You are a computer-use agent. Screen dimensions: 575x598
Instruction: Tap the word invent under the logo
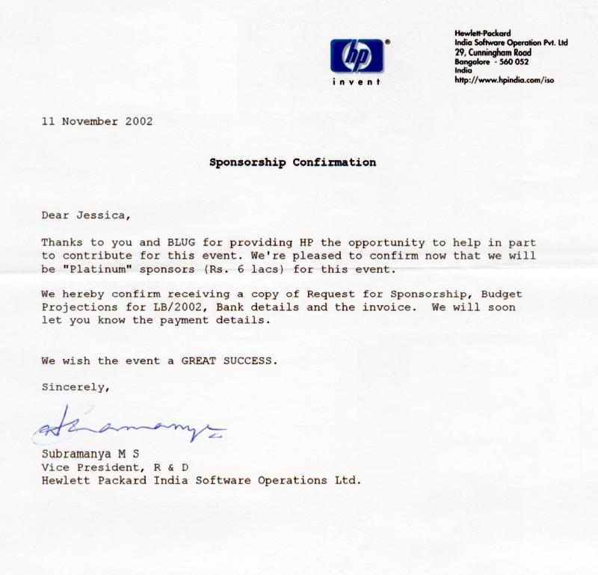coord(356,82)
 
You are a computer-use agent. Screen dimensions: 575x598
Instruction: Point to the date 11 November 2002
coord(97,122)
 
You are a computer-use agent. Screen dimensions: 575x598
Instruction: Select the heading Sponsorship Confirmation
coord(292,162)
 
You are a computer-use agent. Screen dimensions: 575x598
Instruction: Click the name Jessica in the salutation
coord(103,216)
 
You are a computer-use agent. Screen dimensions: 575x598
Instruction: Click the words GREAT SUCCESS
coord(229,360)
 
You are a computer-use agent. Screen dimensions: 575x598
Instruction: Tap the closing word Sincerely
coord(75,387)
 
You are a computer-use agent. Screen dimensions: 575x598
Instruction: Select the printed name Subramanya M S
coord(90,455)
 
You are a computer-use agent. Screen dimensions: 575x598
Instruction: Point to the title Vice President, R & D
coord(109,467)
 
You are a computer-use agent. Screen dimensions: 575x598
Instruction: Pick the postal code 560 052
coord(511,61)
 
